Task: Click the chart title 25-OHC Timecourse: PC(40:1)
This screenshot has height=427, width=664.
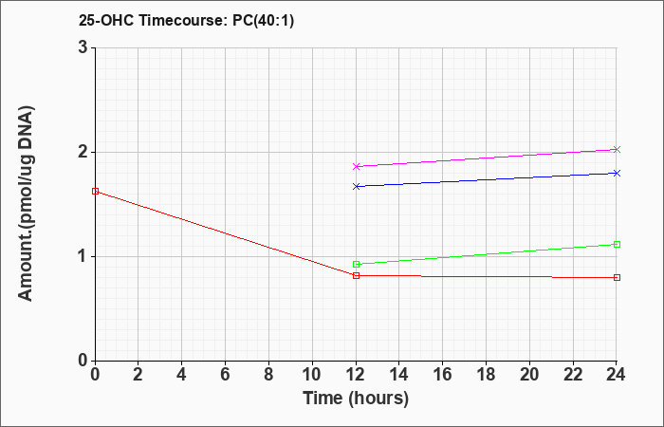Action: (186, 20)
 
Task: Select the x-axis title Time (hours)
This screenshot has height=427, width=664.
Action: (356, 399)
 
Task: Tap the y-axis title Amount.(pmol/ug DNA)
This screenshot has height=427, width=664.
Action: (27, 204)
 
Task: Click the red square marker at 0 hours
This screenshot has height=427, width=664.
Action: (95, 192)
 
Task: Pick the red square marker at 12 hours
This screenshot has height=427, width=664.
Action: (356, 276)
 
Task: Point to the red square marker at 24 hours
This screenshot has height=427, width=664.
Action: (617, 277)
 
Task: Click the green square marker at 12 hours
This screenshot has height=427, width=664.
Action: (356, 265)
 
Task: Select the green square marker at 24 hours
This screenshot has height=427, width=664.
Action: (617, 245)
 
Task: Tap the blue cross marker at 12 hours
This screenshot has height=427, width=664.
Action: (356, 186)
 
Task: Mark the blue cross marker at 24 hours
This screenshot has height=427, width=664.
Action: (617, 173)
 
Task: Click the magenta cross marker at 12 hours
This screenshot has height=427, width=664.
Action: (356, 166)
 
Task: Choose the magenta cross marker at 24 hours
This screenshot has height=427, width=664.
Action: (617, 150)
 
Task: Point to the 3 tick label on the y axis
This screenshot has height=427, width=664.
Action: (83, 47)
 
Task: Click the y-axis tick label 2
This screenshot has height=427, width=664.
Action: (83, 152)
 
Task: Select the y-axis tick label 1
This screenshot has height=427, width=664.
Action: (83, 257)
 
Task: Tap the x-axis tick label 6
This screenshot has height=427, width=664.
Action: (226, 375)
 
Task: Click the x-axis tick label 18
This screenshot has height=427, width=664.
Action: (486, 375)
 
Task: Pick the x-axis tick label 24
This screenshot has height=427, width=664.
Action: (616, 375)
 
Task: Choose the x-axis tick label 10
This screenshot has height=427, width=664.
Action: (312, 375)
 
